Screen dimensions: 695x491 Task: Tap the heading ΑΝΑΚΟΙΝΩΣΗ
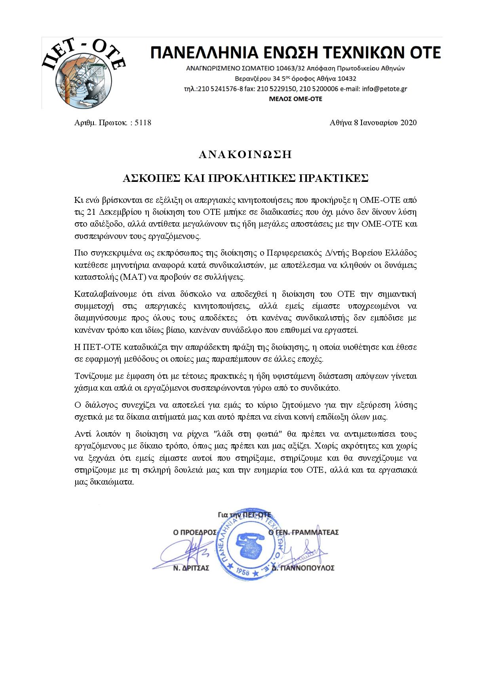[245, 155]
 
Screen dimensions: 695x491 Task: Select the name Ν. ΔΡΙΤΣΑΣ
[191, 568]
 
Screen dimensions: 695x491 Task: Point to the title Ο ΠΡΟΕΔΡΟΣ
[195, 533]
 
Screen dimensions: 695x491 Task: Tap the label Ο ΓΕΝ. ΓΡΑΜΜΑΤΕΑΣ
[303, 533]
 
